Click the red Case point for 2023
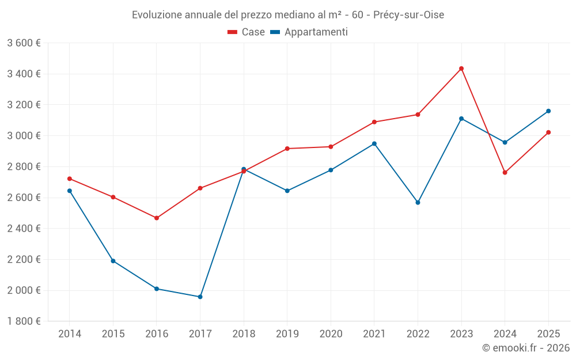[x=461, y=69]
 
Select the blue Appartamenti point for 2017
[x=200, y=297]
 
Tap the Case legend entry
[x=246, y=32]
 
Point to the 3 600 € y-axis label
[x=24, y=43]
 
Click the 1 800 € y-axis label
[x=24, y=321]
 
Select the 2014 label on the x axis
[x=70, y=334]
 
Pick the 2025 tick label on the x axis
[x=548, y=334]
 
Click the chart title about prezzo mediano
[x=288, y=15]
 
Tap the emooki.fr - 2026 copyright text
[x=526, y=348]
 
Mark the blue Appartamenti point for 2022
[x=418, y=203]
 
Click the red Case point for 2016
[x=157, y=218]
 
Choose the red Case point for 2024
[x=505, y=173]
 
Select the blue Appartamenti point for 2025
[x=548, y=111]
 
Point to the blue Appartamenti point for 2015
[x=113, y=261]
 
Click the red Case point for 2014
[x=70, y=179]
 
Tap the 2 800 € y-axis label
[x=24, y=167]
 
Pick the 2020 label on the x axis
[x=331, y=334]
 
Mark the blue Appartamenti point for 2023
[x=461, y=119]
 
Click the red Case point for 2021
[x=374, y=122]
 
